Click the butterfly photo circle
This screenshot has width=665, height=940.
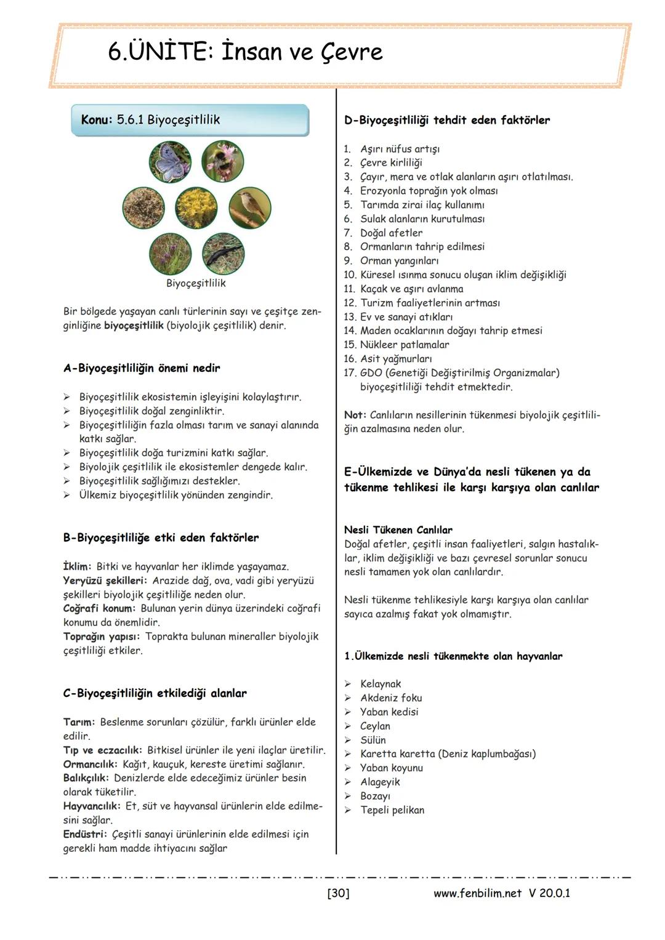click(170, 162)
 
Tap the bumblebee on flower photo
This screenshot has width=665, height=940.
click(222, 162)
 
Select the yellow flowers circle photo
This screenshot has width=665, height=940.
click(196, 207)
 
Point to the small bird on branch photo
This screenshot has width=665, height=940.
click(249, 207)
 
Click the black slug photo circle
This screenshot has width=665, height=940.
click(223, 254)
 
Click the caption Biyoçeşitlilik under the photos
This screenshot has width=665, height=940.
click(196, 283)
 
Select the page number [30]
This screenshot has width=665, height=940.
click(338, 893)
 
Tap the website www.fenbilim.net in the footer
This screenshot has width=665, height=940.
click(477, 893)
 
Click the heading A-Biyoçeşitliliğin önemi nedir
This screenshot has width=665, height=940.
click(142, 368)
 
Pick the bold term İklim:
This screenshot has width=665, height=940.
click(77, 566)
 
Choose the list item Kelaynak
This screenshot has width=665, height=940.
click(381, 684)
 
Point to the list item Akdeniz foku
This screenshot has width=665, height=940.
click(391, 698)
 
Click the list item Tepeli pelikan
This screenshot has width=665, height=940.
click(392, 810)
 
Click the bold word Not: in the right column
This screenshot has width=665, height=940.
click(355, 415)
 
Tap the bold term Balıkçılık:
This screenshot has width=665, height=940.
click(86, 778)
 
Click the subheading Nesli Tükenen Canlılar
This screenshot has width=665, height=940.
click(398, 530)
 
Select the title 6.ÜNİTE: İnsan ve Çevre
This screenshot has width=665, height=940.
click(245, 52)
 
